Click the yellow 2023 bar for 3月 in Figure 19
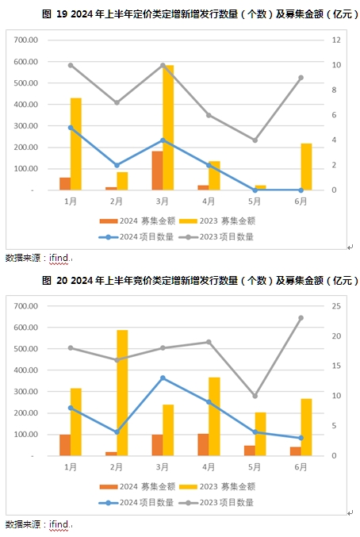click(x=168, y=128)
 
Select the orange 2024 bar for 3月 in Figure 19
click(x=158, y=171)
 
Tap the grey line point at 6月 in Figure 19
click(x=301, y=78)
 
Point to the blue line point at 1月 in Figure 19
click(x=71, y=128)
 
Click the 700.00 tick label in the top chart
click(x=25, y=40)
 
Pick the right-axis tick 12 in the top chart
click(x=336, y=40)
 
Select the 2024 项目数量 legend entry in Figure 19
click(x=136, y=236)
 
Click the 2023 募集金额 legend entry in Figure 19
click(x=217, y=221)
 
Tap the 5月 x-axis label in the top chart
click(x=255, y=201)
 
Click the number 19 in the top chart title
click(x=62, y=13)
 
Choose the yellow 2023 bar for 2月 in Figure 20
click(x=122, y=393)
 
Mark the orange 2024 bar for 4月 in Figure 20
click(x=203, y=445)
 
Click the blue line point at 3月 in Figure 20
click(x=163, y=378)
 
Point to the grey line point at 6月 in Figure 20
click(x=301, y=318)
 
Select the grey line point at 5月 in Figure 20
click(x=255, y=396)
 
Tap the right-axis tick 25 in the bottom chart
click(x=336, y=306)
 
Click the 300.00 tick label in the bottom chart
click(x=25, y=392)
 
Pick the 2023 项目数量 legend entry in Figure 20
click(x=216, y=502)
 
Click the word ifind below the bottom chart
click(x=59, y=524)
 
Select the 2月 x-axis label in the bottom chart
click(x=117, y=467)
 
